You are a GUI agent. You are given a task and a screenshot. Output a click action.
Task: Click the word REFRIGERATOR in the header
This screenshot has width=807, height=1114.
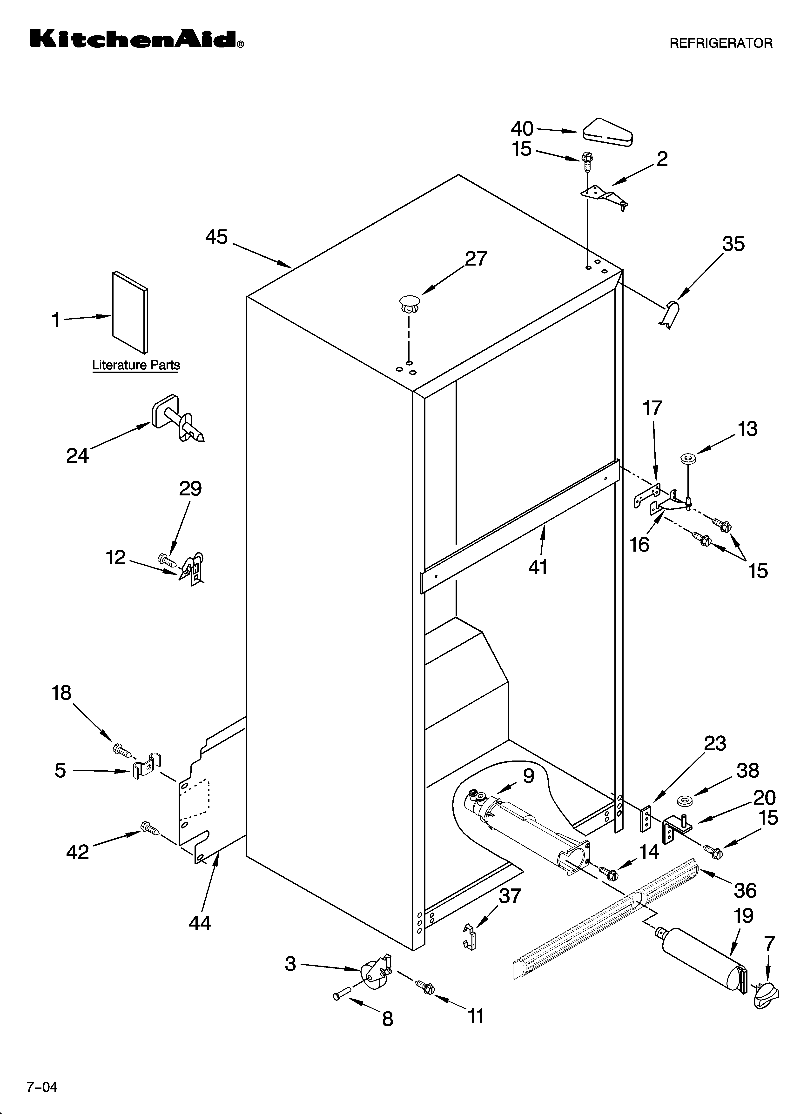coord(721,43)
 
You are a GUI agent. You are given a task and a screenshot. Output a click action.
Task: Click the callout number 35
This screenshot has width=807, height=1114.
coord(733,244)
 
